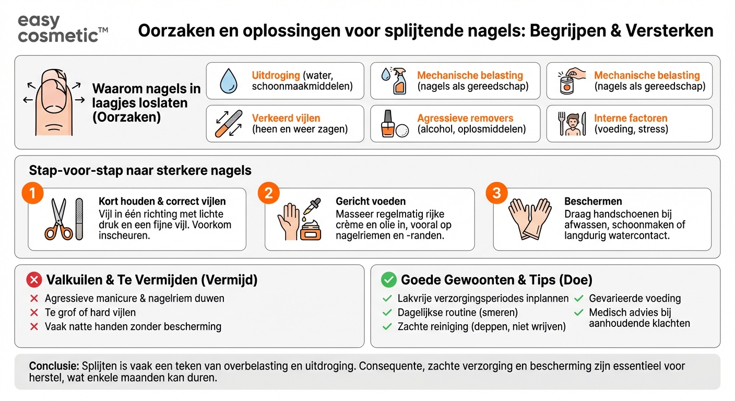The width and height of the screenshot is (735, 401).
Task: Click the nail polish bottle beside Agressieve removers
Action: point(387,124)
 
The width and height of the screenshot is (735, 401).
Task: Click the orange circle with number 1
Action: point(32,194)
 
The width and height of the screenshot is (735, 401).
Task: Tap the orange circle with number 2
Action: point(268,194)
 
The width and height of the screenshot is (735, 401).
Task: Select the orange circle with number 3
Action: point(496,194)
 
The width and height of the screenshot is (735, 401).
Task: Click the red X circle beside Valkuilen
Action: point(34,280)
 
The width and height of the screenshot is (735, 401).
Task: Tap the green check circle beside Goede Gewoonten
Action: point(389,280)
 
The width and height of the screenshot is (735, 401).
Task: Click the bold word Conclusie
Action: point(54,367)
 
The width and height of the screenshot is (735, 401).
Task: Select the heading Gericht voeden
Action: point(371,202)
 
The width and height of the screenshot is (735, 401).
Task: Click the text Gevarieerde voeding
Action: point(635,299)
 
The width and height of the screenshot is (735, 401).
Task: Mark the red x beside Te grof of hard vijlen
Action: point(34,313)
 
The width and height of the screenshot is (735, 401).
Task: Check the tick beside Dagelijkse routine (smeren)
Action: point(387,313)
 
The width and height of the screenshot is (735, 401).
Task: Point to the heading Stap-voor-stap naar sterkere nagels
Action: point(140,171)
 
